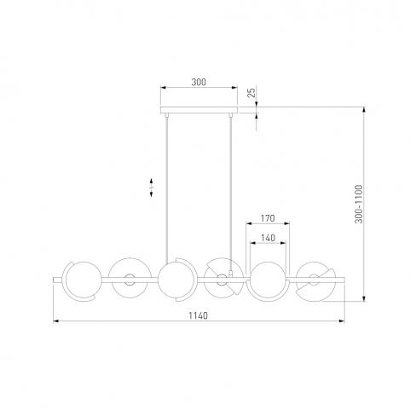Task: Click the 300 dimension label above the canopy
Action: click(199, 82)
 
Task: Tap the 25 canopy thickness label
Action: click(251, 93)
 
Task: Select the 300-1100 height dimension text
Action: click(359, 204)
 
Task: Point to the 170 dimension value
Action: click(268, 218)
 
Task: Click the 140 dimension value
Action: click(268, 238)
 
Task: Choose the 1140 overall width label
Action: click(199, 315)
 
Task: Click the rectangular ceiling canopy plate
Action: click(199, 110)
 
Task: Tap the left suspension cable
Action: click(167, 189)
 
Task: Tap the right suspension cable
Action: click(231, 193)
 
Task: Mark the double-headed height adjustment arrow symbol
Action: click(152, 188)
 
